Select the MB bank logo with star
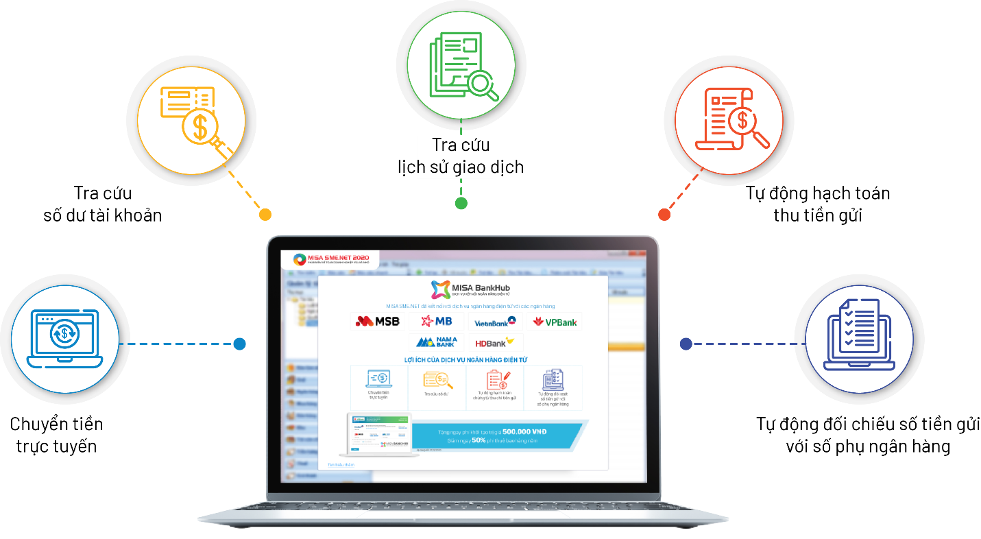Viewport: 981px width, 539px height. click(436, 321)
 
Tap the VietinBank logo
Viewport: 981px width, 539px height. click(494, 322)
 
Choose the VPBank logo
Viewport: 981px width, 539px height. click(555, 322)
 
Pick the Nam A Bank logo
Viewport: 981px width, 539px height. click(436, 342)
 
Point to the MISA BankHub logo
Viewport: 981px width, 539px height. click(470, 288)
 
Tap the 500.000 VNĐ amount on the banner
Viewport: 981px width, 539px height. click(524, 431)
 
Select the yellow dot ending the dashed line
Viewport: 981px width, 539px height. click(265, 215)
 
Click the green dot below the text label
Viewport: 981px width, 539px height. click(461, 203)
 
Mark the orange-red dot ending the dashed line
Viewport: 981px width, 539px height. click(664, 215)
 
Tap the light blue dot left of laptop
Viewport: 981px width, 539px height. click(239, 344)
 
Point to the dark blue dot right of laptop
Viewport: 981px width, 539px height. click(686, 344)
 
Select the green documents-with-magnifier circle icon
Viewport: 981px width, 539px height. click(461, 64)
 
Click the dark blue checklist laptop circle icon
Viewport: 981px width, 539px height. click(859, 340)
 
